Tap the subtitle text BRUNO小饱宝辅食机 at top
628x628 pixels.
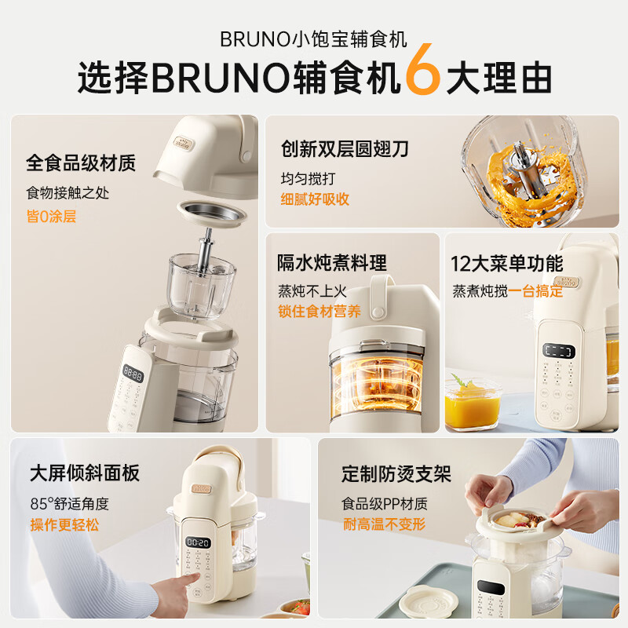pos(314,39)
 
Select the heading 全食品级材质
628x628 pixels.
pos(81,163)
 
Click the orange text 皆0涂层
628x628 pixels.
pos(51,216)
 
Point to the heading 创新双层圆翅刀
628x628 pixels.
pos(345,148)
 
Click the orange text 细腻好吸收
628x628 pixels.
pos(315,199)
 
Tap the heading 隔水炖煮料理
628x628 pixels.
pos(332,263)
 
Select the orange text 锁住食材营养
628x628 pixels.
pos(319,312)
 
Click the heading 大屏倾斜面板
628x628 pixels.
pos(85,473)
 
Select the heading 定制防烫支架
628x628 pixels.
pos(396,474)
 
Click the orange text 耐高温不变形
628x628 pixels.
pos(384,524)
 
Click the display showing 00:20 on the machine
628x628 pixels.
pos(198,542)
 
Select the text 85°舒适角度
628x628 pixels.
pos(69,504)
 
